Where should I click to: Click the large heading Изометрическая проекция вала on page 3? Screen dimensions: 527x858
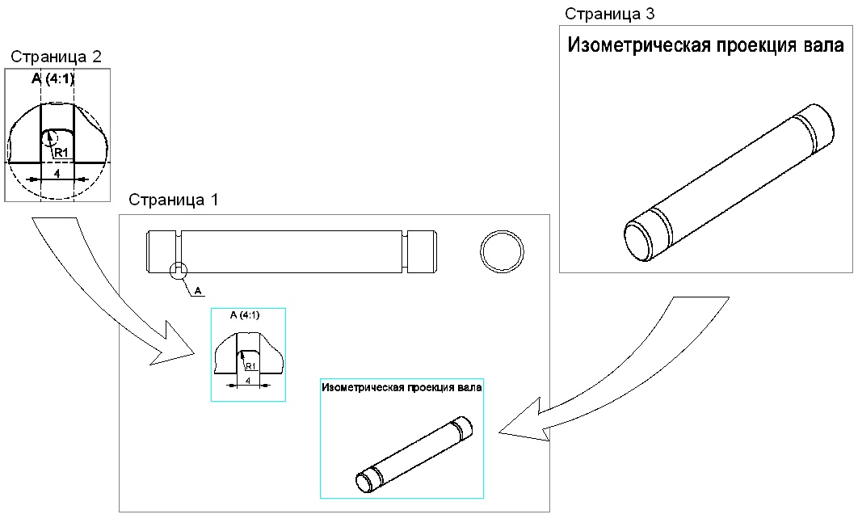[x=706, y=46]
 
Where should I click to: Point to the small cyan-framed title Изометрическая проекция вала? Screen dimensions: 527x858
[x=402, y=387]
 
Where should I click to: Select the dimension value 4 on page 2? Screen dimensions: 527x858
[x=57, y=172]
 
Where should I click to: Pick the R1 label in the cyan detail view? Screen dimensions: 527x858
[x=250, y=365]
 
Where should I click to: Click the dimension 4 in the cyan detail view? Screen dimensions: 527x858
[x=247, y=379]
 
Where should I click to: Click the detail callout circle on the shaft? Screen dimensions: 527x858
[x=179, y=271]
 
